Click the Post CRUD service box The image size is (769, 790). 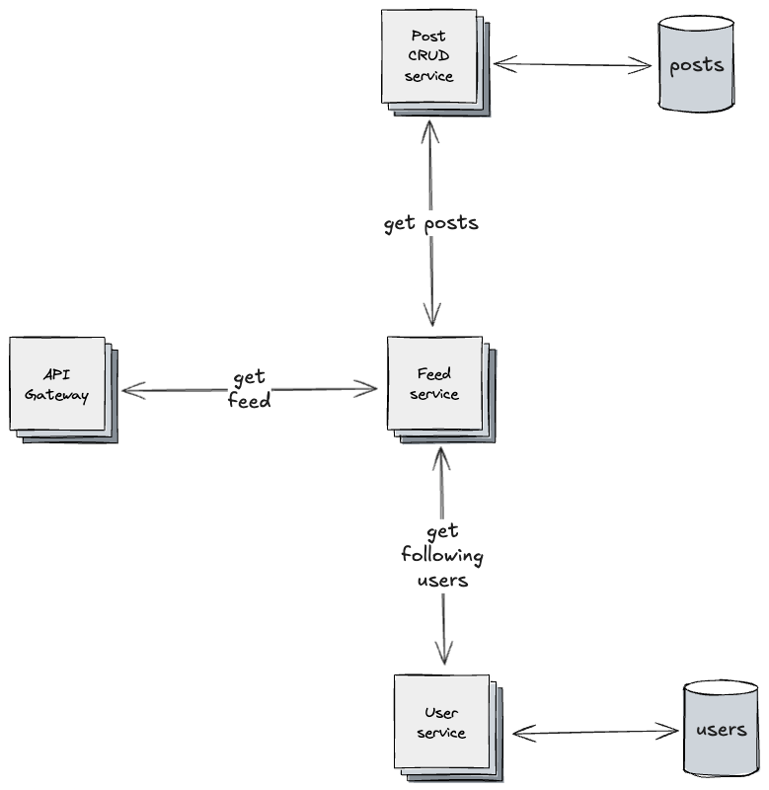click(429, 56)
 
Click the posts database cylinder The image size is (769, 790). click(696, 66)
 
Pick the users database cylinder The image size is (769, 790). click(721, 730)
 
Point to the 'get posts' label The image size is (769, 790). click(430, 223)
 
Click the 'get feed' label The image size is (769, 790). click(250, 390)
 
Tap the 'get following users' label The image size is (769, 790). click(442, 556)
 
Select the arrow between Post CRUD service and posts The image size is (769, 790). click(573, 65)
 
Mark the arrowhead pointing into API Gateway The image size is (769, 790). click(127, 391)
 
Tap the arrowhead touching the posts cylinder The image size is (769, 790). click(646, 66)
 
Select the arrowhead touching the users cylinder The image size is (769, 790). click(672, 732)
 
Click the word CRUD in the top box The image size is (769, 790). click(429, 56)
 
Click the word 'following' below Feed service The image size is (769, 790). click(442, 556)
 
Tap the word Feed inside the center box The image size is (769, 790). click(434, 374)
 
